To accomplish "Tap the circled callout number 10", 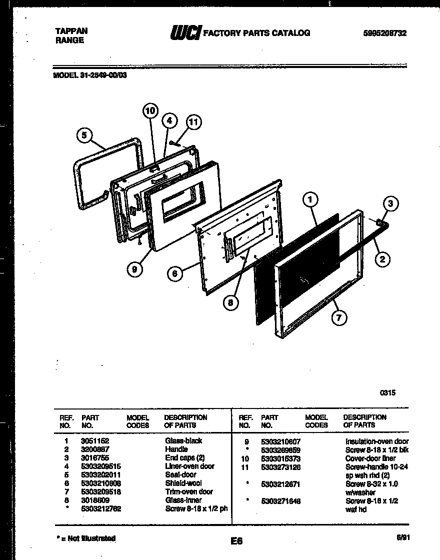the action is click(150, 110).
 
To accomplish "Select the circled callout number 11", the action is click(193, 122).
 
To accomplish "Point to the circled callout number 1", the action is click(310, 200).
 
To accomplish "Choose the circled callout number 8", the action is click(231, 302).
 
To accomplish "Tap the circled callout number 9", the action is click(134, 269).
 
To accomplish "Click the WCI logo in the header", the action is click(185, 33).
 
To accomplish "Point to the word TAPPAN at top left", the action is click(71, 31).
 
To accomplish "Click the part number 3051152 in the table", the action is click(95, 441).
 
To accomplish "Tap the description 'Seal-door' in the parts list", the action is click(180, 474).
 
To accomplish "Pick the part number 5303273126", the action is click(280, 467).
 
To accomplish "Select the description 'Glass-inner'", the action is click(183, 499).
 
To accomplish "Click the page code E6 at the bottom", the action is click(236, 541).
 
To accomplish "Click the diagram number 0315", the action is click(388, 392).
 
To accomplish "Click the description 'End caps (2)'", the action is click(184, 457).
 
